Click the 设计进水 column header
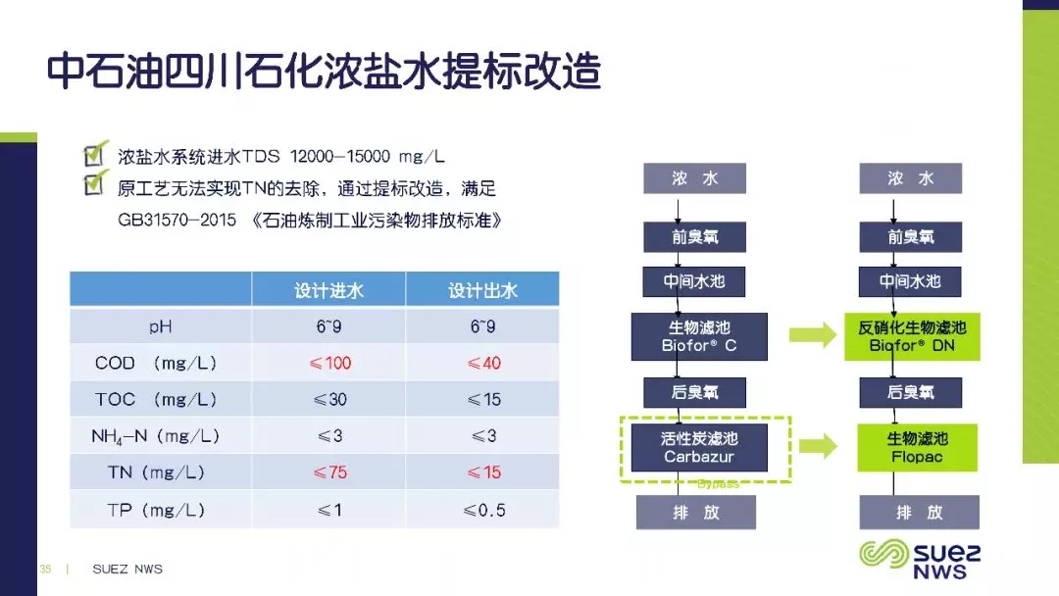[x=328, y=290]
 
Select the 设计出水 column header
[x=482, y=290]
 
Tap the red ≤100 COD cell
[x=329, y=363]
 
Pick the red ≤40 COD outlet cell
[x=483, y=363]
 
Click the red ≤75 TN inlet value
[x=329, y=472]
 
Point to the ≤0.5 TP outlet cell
[x=483, y=511]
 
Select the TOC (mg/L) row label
[x=155, y=400]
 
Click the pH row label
[x=160, y=326]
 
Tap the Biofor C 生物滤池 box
[x=699, y=336]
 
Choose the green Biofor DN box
[x=912, y=336]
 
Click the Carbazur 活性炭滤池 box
[x=699, y=448]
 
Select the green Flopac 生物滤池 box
[x=917, y=448]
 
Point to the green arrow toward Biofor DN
[x=813, y=335]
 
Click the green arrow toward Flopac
[x=818, y=446]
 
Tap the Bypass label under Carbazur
[x=718, y=484]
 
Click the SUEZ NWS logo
[x=920, y=559]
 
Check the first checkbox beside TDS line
[x=94, y=154]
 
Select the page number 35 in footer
[x=45, y=569]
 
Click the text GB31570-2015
[x=176, y=220]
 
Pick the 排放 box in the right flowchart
[x=919, y=513]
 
